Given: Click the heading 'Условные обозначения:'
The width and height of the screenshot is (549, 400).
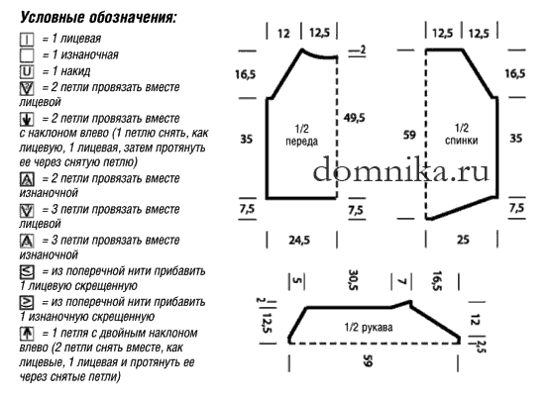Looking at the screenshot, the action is coord(98,17).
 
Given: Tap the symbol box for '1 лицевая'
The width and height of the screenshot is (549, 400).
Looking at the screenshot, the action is coord(27,40).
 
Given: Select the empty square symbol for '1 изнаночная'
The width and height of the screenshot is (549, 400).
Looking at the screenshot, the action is coord(27,55).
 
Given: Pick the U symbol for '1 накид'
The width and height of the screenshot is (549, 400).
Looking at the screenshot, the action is coord(27,71).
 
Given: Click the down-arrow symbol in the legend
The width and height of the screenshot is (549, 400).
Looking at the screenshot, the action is coord(27,120).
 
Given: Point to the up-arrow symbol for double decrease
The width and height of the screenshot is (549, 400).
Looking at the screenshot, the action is coord(27,333).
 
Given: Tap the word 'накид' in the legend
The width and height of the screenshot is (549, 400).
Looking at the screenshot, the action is coord(75,71).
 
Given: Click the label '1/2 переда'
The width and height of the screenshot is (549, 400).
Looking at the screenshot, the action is coord(302,135).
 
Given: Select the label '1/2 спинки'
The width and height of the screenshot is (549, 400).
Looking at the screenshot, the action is coord(462,135).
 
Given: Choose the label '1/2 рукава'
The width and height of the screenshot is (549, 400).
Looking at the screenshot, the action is coord(369,328).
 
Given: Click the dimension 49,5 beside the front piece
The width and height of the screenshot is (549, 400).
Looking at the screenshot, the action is coord(355,118).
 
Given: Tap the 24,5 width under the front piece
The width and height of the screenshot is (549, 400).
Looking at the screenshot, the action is coord(299,240).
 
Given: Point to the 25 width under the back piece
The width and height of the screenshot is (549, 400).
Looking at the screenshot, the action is coord(463,240).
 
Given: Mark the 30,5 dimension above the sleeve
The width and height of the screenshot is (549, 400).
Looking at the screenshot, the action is coord(353,279).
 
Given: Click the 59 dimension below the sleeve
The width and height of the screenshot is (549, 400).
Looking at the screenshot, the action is coord(368,360).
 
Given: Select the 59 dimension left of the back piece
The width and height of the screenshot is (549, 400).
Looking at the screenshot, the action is coord(409,135).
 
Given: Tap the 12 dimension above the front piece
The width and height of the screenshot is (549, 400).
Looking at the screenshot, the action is coord(284,34).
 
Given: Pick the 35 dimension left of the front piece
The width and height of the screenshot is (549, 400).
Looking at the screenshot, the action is coord(246,139).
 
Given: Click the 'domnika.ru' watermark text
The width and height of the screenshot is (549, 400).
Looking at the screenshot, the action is coord(401,169).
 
